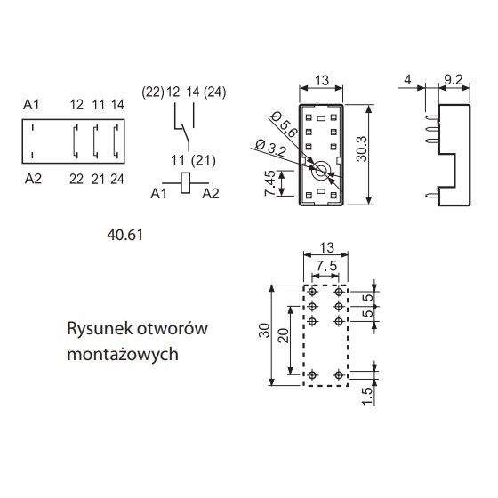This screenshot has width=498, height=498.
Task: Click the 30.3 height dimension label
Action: [x=361, y=149]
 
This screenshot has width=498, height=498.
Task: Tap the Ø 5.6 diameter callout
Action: [x=285, y=124]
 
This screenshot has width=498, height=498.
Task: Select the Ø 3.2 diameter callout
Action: [x=271, y=148]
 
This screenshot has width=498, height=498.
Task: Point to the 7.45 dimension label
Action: [x=270, y=183]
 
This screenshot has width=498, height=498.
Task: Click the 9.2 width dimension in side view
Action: [x=454, y=79]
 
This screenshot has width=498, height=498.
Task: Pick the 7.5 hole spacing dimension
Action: [x=326, y=266]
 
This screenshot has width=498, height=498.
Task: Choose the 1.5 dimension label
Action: [x=367, y=396]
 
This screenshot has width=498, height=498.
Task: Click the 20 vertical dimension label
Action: [x=284, y=335]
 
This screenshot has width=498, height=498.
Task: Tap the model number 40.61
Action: [x=124, y=235]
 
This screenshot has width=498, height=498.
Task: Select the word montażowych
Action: [x=123, y=354]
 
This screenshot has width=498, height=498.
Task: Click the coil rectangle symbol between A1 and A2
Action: [x=186, y=183]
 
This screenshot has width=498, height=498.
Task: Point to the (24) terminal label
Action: [x=214, y=92]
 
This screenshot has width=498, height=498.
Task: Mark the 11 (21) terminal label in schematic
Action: [x=193, y=160]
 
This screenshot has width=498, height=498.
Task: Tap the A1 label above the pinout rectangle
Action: [x=31, y=105]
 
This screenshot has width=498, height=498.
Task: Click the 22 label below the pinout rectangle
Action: [x=76, y=180]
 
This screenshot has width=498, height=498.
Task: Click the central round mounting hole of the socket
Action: [x=320, y=172]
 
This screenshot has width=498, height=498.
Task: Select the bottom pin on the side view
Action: [x=432, y=195]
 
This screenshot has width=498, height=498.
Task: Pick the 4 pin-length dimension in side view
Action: [x=407, y=79]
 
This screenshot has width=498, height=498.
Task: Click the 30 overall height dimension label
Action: [x=264, y=330]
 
